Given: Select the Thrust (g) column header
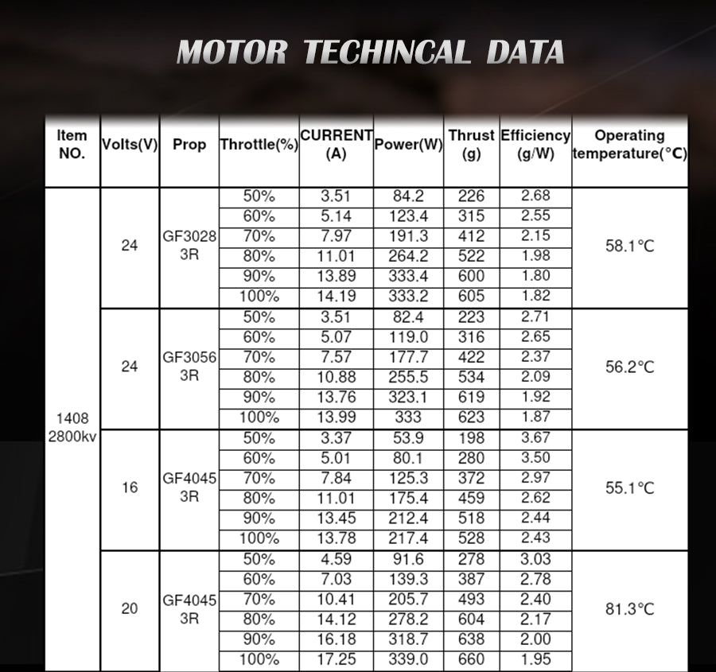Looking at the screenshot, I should [471, 145].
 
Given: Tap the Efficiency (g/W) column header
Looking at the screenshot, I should [535, 145].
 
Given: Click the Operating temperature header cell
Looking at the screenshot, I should [629, 145].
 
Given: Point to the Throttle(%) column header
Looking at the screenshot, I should [259, 145].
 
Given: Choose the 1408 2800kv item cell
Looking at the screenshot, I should [72, 427].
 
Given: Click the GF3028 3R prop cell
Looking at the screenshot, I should [189, 246].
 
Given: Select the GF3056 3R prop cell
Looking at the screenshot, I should [189, 367].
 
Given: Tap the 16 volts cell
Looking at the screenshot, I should [130, 487].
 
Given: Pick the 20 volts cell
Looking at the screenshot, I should [130, 608].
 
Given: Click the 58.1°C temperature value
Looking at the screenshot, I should [629, 246].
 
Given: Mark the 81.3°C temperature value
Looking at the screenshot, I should [629, 609].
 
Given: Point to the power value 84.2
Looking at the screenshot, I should [408, 196].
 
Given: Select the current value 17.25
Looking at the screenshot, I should [337, 659].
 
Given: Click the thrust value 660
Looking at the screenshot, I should [471, 659].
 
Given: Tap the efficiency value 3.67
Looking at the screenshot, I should [535, 437].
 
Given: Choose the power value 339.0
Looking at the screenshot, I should [408, 659].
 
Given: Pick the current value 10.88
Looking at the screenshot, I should [337, 377].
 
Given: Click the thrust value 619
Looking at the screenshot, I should [471, 397].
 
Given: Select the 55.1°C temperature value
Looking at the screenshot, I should [629, 487].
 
